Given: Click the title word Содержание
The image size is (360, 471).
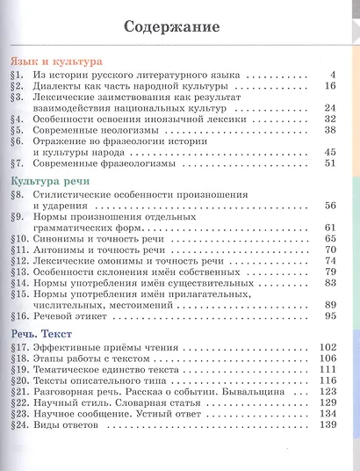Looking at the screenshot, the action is click(180, 26).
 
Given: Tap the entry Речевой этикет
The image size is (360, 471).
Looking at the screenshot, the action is click(79, 315).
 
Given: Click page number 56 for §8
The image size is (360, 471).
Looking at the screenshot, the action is click(330, 205).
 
